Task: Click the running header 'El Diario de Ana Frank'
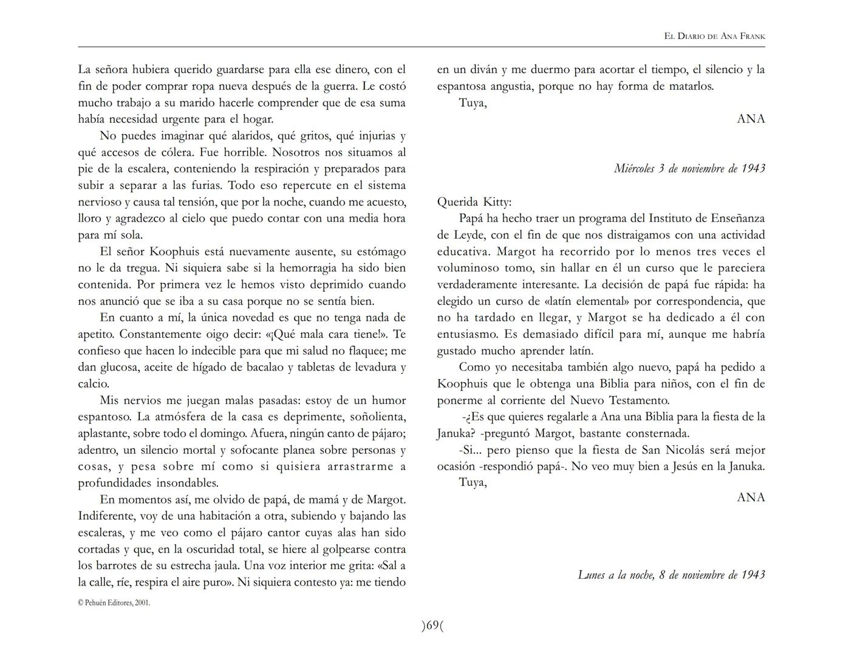click(714, 36)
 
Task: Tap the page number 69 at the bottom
click(432, 626)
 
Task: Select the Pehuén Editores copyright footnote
click(114, 603)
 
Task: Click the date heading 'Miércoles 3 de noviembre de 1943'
click(689, 168)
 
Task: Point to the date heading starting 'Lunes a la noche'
click(671, 575)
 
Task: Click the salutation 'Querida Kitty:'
click(474, 202)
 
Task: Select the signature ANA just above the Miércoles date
click(751, 119)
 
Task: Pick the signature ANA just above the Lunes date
click(751, 497)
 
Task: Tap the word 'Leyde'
click(452, 235)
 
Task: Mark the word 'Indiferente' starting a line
click(106, 516)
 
